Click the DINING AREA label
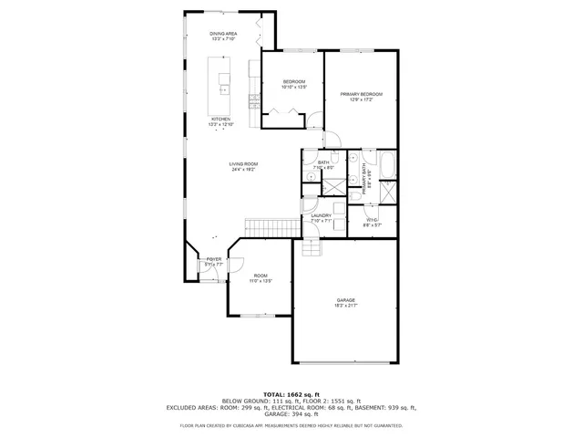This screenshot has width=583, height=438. [222, 34]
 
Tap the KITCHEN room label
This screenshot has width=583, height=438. [221, 119]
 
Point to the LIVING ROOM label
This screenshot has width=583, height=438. [243, 164]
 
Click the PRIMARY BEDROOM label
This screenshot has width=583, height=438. [361, 95]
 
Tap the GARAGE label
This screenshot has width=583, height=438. [345, 300]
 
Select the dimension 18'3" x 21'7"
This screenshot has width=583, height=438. [345, 306]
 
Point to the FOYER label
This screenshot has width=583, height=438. [214, 260]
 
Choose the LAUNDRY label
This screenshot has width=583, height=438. [321, 216]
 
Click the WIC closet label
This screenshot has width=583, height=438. [373, 220]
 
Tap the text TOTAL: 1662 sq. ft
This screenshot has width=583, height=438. [291, 393]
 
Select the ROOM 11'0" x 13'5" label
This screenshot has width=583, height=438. [261, 277]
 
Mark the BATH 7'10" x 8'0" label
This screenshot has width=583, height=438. [324, 163]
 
